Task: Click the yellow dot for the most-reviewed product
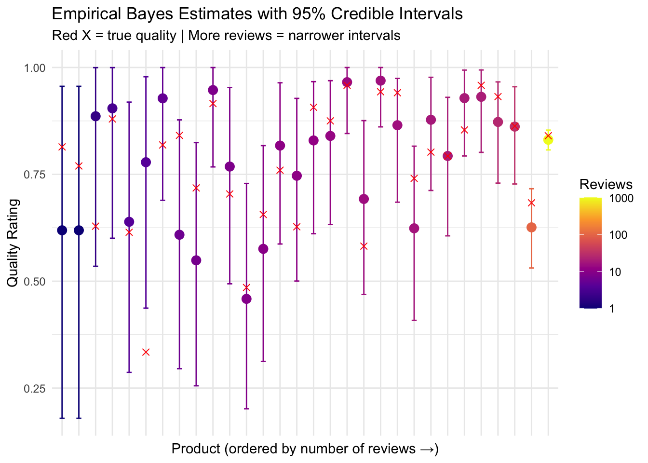pos(548,140)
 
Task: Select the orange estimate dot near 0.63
pos(531,227)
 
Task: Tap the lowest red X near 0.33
pos(146,352)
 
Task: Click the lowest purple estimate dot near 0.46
pos(246,299)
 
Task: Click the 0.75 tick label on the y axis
pos(34,175)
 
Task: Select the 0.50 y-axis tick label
pos(34,282)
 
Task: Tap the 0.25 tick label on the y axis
pos(34,388)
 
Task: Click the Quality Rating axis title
pos(13,243)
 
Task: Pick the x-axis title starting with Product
pos(305,449)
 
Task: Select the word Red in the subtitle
pos(64,36)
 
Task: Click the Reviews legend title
pos(606,184)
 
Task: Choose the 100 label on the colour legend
pos(618,235)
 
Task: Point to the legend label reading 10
pos(616,272)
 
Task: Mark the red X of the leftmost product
pos(62,147)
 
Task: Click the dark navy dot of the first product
pos(62,230)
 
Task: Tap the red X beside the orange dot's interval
pos(531,203)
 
